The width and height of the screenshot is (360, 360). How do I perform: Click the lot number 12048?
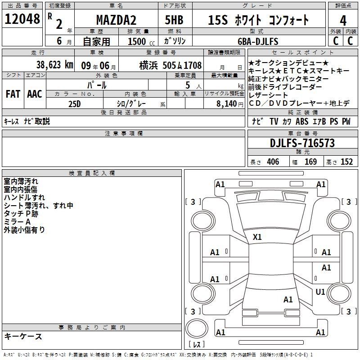[x=22, y=19]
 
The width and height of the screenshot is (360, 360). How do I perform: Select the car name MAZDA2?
[x=116, y=20]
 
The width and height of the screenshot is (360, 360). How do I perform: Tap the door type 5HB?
[x=174, y=20]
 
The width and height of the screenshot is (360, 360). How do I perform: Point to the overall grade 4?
[x=343, y=21]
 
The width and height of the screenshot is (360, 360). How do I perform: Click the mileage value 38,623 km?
[x=55, y=65]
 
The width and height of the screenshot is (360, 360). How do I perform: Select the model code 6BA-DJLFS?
[x=258, y=41]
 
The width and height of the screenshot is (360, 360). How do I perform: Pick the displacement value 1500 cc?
[x=141, y=41]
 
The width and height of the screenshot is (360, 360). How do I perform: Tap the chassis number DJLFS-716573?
[x=302, y=143]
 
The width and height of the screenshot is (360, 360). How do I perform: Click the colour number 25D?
[x=75, y=104]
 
